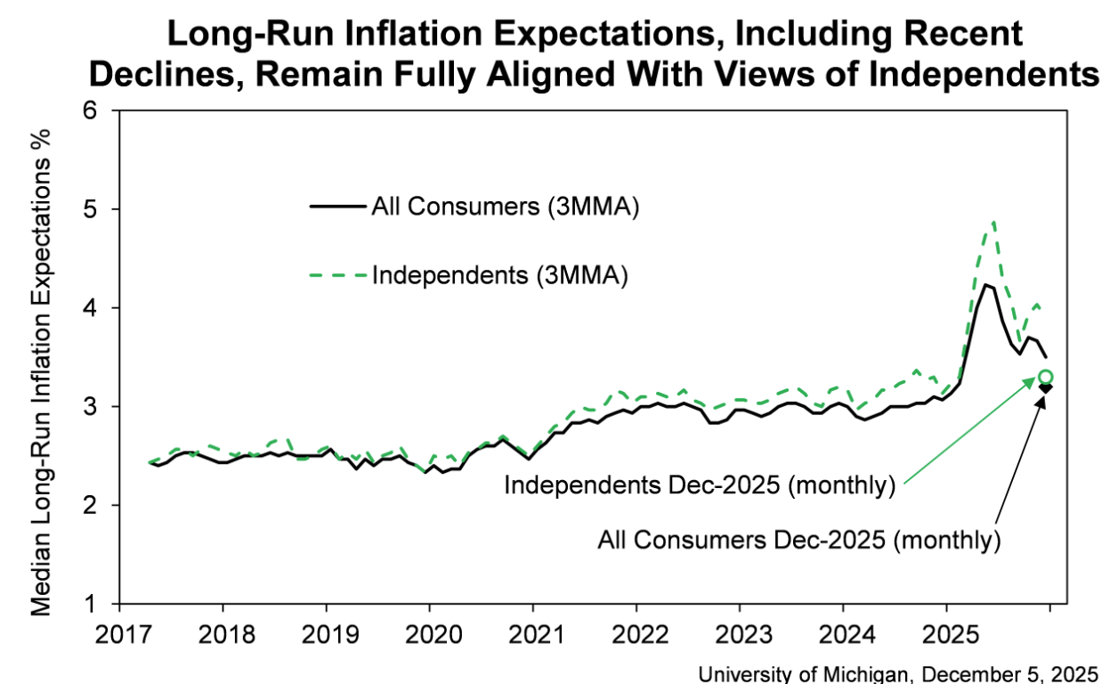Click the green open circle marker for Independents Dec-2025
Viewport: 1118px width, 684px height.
[1046, 377]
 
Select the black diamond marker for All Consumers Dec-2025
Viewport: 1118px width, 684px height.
[1047, 387]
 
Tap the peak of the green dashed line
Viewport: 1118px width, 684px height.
[992, 222]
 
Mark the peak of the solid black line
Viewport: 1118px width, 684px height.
[984, 284]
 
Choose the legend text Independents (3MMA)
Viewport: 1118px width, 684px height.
[500, 275]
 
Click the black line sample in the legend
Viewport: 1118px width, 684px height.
[338, 207]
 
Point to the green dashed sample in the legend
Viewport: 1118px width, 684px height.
[338, 275]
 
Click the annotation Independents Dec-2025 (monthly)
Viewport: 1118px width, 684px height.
[699, 486]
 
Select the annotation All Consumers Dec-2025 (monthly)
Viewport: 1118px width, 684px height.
[799, 539]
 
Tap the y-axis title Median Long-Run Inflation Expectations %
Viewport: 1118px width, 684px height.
[42, 372]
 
